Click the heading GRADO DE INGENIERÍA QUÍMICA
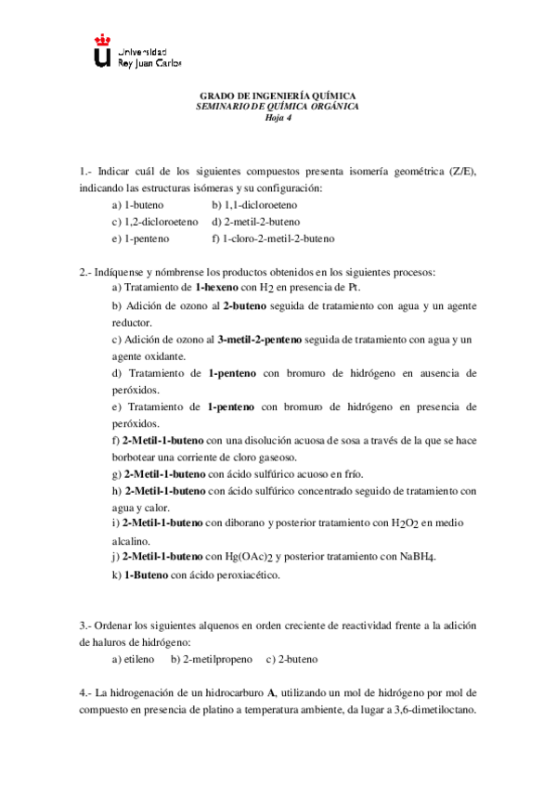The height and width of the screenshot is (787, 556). click(278, 96)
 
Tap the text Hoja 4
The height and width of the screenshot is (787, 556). click(278, 118)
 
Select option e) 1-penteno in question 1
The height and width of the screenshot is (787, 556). click(139, 239)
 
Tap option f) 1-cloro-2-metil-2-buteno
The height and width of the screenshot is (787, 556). click(272, 239)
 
